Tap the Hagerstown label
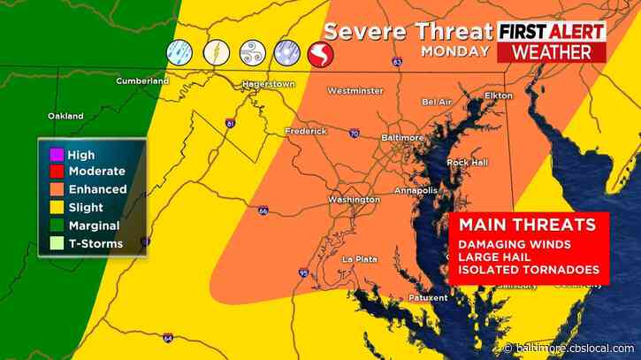[267, 85]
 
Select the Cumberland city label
[142, 80]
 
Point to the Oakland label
[66, 116]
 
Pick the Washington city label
[354, 200]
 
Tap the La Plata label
[361, 257]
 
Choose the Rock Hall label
[468, 162]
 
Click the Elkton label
[499, 95]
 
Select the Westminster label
[355, 90]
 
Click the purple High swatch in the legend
[57, 155]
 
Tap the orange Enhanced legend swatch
[57, 189]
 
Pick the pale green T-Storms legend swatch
[57, 243]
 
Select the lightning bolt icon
[216, 53]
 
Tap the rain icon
[181, 53]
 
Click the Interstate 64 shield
[168, 339]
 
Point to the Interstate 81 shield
[231, 125]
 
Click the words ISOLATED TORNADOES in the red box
[529, 270]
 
